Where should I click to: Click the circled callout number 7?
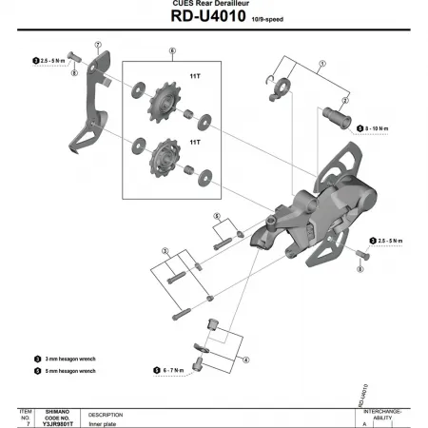98,45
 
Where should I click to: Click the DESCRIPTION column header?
107,415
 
